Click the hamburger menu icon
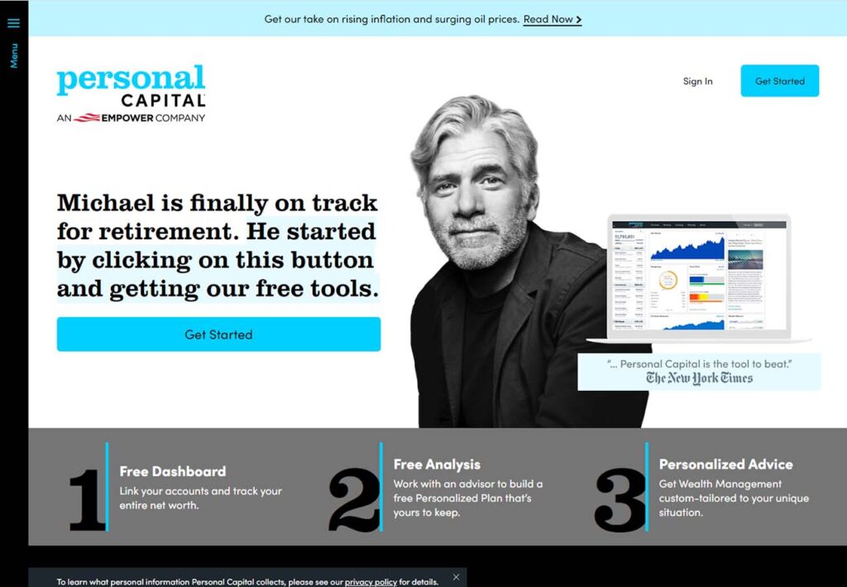point(13,23)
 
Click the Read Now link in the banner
point(552,19)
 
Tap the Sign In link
point(697,81)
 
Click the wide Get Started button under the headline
point(218,334)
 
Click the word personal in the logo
point(131,79)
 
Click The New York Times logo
point(699,378)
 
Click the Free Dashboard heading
point(172,471)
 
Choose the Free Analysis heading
point(436,464)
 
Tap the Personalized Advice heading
point(725,464)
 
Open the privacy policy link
point(371,582)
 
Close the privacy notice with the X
point(456,577)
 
